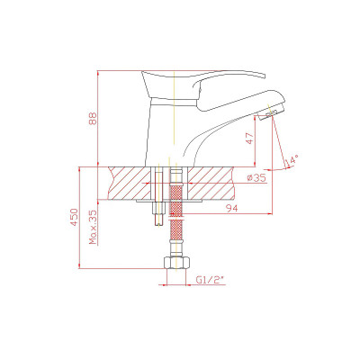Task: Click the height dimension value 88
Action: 94,119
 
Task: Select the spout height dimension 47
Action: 249,138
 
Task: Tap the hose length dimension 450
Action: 74,217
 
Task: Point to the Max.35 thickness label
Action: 94,227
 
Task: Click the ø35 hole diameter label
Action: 256,178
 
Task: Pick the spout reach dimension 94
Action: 231,208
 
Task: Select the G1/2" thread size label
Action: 211,280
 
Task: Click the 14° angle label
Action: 292,161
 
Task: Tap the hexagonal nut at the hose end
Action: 176,263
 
